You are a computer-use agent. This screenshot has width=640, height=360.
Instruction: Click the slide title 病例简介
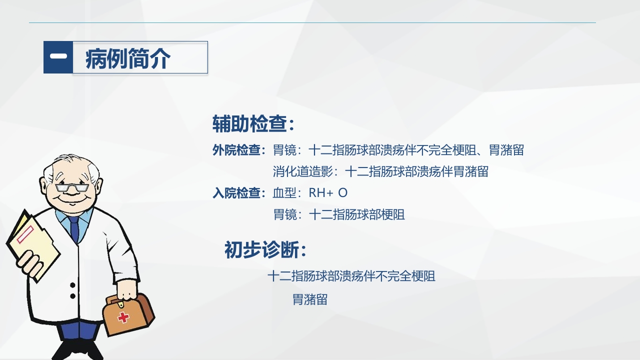pos(128,58)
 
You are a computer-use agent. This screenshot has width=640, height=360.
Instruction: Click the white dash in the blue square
pos(58,56)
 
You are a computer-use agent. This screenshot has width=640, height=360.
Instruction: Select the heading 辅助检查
pos(253,124)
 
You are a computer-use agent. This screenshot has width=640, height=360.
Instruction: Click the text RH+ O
pos(328,193)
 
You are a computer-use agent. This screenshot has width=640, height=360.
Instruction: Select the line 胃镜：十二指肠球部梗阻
pos(339,214)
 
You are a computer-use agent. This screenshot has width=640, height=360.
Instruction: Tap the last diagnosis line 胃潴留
pos(310,299)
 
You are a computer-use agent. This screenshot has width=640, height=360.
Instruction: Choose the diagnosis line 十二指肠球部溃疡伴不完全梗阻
pos(351,276)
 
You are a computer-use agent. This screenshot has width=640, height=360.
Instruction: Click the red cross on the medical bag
pos(123,316)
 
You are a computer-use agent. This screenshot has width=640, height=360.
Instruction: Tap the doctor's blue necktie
pos(74,230)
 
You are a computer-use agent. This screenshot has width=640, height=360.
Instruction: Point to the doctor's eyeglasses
pos(72,188)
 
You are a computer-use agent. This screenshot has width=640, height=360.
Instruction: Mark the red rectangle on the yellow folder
pos(25,234)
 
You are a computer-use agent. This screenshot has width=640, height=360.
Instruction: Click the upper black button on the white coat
pos(72,285)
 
